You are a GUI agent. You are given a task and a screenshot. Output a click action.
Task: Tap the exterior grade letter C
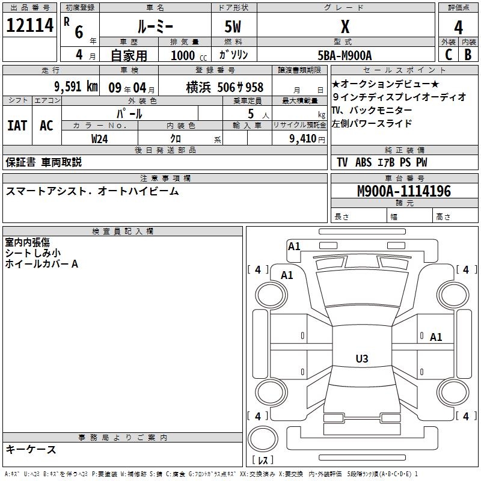[448, 54]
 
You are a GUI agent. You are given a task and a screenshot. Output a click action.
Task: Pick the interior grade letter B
[468, 54]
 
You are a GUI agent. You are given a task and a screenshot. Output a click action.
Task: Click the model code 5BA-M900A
[345, 55]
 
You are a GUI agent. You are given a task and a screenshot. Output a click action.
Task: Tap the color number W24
[100, 138]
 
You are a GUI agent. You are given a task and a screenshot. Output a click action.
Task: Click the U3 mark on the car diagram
[361, 359]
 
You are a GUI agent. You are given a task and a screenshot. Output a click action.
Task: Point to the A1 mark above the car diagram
[294, 247]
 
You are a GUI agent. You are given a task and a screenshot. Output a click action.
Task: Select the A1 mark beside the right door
[436, 337]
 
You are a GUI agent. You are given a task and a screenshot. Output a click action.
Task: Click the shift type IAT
[17, 126]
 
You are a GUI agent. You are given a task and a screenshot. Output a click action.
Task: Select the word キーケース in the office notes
[31, 449]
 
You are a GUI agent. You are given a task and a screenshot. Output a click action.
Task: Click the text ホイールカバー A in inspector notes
[41, 263]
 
